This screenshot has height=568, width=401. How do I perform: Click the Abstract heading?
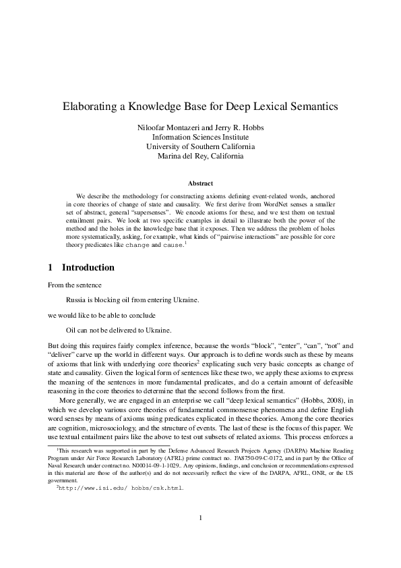pyautogui.click(x=200, y=183)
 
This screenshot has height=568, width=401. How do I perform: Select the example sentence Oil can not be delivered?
pyautogui.click(x=119, y=330)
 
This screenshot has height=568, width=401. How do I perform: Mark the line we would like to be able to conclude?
pyautogui.click(x=102, y=314)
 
